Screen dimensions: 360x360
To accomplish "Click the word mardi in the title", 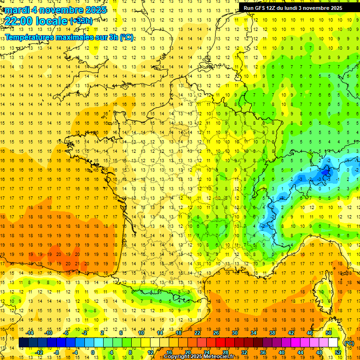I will coord(16,10).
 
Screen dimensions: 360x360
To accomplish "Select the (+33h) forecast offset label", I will coord(81,21).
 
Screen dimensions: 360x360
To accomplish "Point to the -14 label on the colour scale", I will coord(30,333).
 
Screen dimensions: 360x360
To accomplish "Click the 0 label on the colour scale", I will coord(93,352).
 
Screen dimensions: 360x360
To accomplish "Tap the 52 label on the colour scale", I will coord(338,352).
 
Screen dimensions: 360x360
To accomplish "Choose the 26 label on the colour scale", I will coord(216,333).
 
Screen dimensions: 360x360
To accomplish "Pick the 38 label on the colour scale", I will coord(272,333).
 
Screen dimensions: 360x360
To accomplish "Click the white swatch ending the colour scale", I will coord(333,343).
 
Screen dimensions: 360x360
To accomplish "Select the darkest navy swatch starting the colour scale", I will coord(23,343).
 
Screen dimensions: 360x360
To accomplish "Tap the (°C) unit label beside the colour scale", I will coord(349,343).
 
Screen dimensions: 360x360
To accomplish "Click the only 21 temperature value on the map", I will coord(76,263).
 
